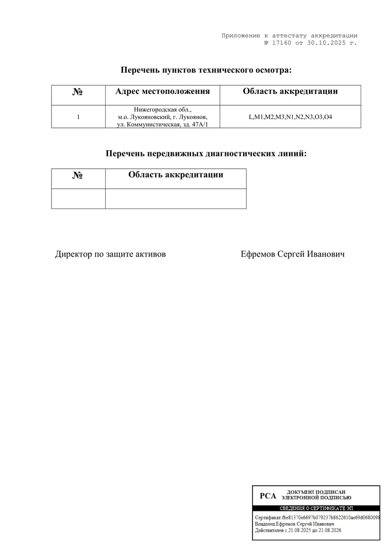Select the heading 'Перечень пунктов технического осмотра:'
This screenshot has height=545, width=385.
pyautogui.click(x=206, y=70)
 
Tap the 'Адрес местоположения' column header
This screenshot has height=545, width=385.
pyautogui.click(x=162, y=92)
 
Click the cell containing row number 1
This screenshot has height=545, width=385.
pyautogui.click(x=78, y=117)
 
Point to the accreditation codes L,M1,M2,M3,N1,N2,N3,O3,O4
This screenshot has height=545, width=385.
pyautogui.click(x=290, y=117)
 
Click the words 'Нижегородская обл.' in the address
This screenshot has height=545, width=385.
pyautogui.click(x=162, y=109)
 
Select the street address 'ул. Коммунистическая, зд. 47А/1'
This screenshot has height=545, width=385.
pyautogui.click(x=162, y=124)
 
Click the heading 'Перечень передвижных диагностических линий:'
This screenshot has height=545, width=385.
pyautogui.click(x=206, y=154)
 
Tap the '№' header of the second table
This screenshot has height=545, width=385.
pyautogui.click(x=78, y=175)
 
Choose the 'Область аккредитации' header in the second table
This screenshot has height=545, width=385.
pyautogui.click(x=176, y=175)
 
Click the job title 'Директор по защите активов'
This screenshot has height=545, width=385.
pyautogui.click(x=110, y=254)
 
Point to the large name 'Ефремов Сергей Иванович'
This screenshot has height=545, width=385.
pyautogui.click(x=292, y=254)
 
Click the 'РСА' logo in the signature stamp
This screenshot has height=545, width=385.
pyautogui.click(x=268, y=496)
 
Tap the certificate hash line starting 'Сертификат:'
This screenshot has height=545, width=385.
pyautogui.click(x=317, y=517)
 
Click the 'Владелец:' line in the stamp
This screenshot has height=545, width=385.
pyautogui.click(x=294, y=524)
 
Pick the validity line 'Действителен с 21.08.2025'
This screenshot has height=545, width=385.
pyautogui.click(x=298, y=531)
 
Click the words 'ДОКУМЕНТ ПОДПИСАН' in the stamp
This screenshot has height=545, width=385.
pyautogui.click(x=316, y=492)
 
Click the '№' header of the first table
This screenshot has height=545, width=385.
pyautogui.click(x=78, y=92)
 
